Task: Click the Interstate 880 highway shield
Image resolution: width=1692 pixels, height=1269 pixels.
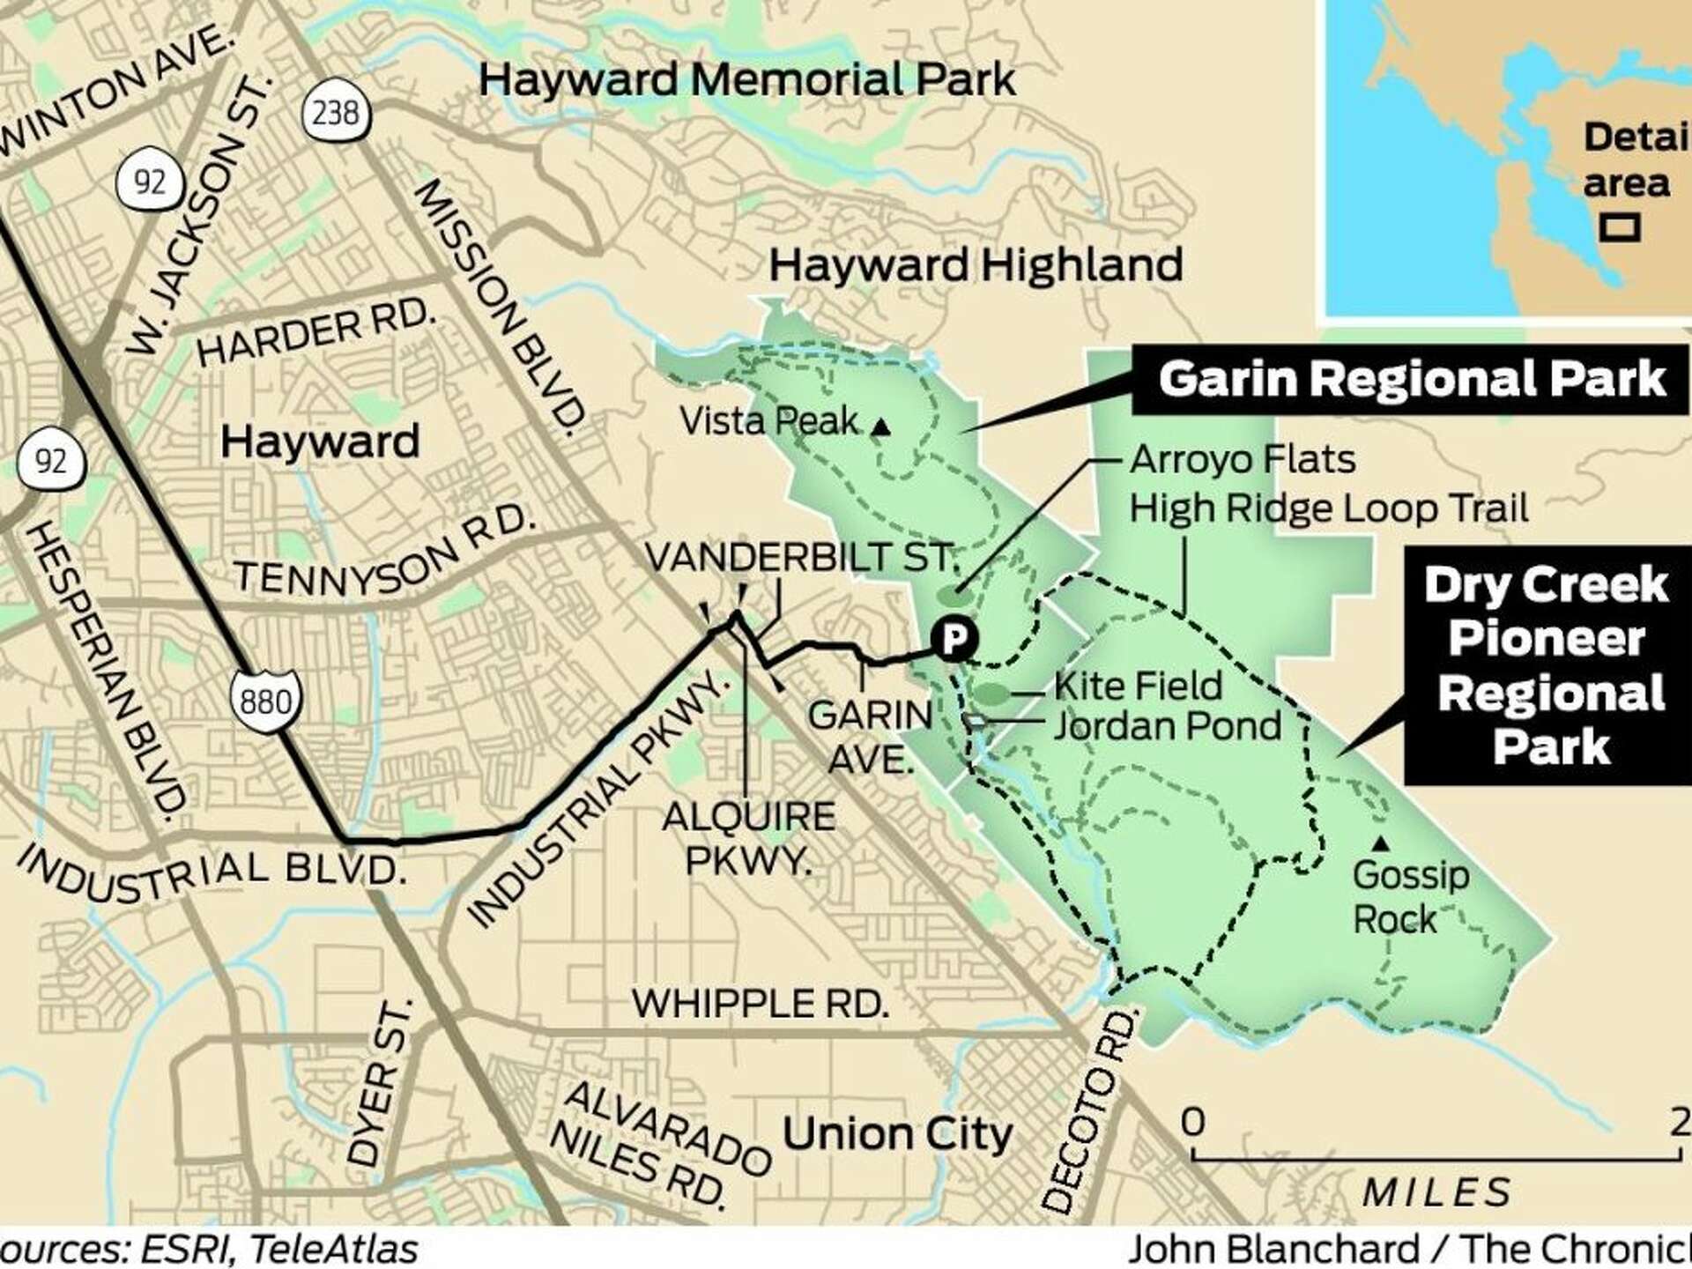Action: (x=264, y=701)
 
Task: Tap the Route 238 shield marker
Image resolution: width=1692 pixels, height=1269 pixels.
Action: (x=335, y=113)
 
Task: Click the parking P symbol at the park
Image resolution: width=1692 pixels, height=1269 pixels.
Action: (x=954, y=637)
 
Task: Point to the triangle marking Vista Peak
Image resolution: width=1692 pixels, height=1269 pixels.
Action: (x=880, y=428)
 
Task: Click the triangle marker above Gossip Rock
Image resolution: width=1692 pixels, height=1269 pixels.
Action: (x=1381, y=844)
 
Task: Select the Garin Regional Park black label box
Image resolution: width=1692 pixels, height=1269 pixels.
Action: (x=1410, y=380)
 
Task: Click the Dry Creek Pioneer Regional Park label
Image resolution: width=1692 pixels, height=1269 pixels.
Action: (x=1547, y=665)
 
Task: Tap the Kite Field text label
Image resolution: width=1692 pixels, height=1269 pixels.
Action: (x=1138, y=686)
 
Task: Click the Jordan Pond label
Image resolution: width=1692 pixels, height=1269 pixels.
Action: (x=1167, y=725)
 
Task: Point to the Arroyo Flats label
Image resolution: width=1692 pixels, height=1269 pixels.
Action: (x=1242, y=459)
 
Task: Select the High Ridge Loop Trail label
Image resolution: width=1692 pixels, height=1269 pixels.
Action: (x=1328, y=508)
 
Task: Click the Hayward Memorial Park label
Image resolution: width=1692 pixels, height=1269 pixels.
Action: (x=746, y=79)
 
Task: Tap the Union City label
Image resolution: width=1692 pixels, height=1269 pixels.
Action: (x=896, y=1133)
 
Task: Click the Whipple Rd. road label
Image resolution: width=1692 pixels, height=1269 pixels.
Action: (x=760, y=1003)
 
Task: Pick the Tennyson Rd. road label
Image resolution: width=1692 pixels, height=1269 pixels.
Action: (x=385, y=553)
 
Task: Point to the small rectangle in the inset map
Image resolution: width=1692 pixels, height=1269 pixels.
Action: (x=1620, y=228)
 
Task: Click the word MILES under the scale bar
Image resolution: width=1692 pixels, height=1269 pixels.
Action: (x=1436, y=1192)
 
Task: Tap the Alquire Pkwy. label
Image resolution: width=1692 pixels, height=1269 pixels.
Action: (x=748, y=837)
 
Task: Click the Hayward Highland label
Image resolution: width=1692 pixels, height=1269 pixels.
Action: (x=976, y=264)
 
